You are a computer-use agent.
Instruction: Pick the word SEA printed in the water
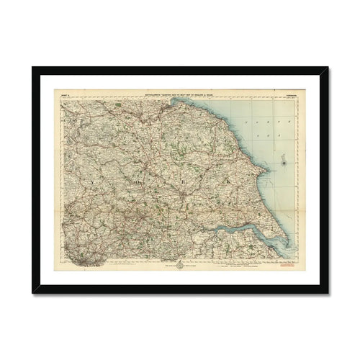(269, 136)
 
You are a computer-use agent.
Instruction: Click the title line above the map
(180, 91)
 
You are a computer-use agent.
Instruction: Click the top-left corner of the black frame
(33, 68)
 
